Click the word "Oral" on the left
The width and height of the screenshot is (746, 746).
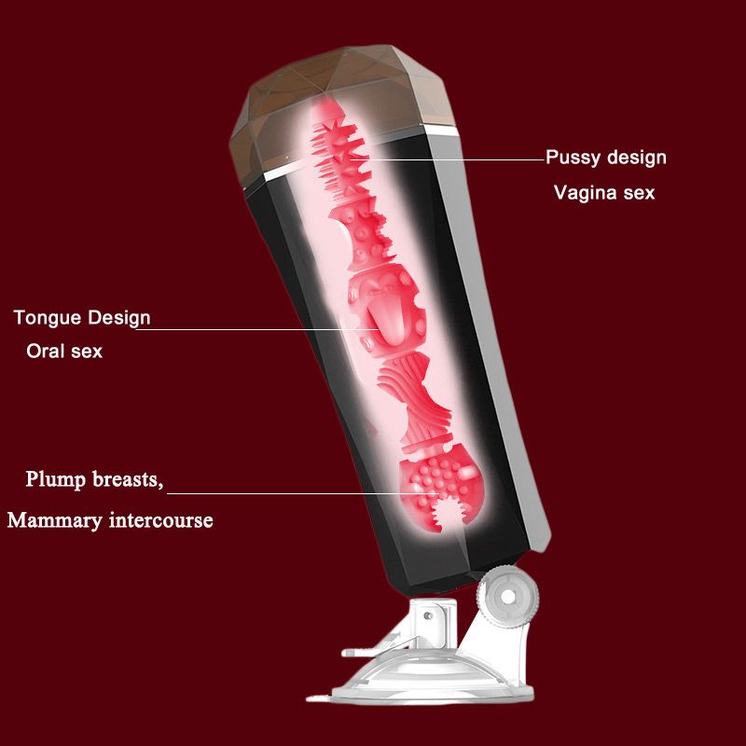[44, 352]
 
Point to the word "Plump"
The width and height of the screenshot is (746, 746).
[56, 480]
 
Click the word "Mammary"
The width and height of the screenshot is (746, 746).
[55, 520]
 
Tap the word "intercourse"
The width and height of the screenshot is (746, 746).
[160, 519]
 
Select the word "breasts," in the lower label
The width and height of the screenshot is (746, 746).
[128, 479]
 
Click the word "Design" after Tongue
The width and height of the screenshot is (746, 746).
[119, 318]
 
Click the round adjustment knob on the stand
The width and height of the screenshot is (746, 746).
[507, 596]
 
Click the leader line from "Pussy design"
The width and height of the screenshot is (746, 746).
[448, 159]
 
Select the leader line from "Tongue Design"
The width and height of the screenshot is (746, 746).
[257, 329]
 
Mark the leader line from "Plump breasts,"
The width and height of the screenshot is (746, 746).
[302, 493]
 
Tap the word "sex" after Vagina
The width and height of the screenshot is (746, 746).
[639, 194]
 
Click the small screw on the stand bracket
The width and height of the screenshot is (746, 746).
[428, 615]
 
